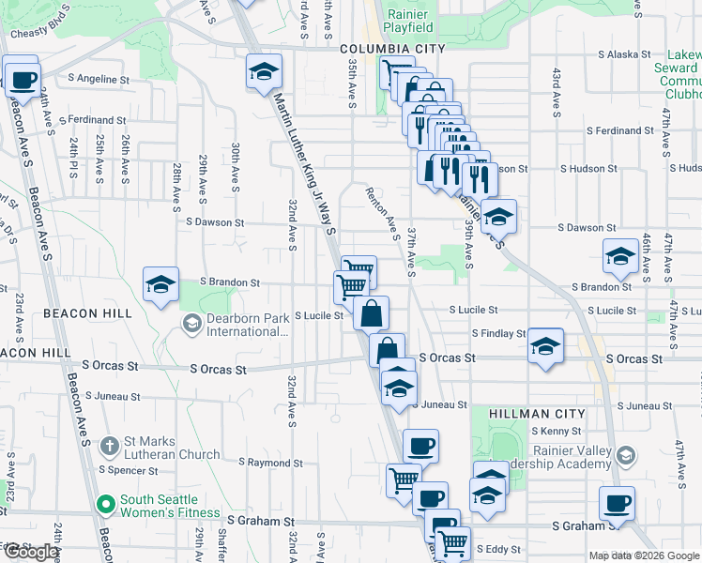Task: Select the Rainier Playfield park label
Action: click(x=407, y=21)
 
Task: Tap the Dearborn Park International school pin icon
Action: click(x=192, y=325)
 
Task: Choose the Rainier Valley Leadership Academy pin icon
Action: click(x=626, y=457)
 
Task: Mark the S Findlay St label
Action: click(x=499, y=333)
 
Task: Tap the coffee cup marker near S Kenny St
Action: click(x=420, y=446)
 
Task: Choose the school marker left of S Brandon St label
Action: click(x=160, y=283)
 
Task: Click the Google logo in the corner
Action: click(x=33, y=552)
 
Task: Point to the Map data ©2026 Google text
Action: click(x=643, y=555)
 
